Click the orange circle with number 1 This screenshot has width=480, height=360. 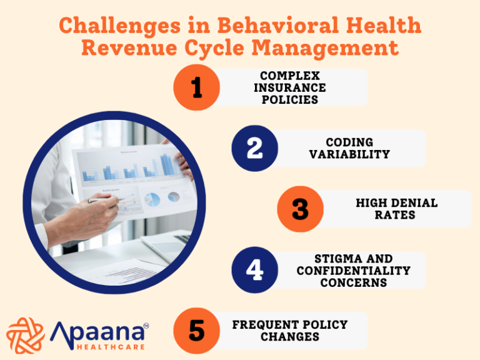197,87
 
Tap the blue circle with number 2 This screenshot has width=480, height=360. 254,148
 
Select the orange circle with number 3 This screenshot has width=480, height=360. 301,209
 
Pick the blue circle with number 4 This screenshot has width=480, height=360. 254,270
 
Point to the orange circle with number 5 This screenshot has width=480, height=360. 197,331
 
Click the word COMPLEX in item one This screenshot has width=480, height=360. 289,76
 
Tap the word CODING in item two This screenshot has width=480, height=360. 349,142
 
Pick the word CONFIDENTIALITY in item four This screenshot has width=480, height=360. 353,271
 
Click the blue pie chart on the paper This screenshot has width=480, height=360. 152,199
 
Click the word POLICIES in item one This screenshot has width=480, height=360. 289,99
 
